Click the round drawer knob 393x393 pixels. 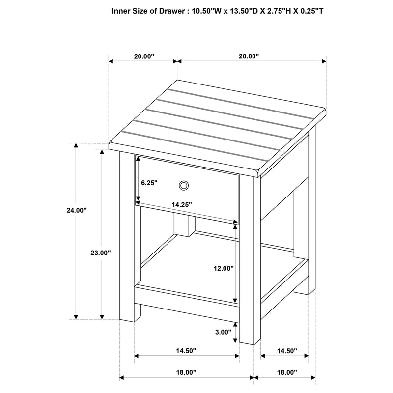(184, 185)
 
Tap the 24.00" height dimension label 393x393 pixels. (77, 210)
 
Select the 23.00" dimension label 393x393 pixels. (101, 253)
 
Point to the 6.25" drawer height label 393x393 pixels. (149, 183)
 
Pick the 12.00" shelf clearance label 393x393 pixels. (224, 268)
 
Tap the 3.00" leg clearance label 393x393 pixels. (223, 332)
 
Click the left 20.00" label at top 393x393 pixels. (144, 56)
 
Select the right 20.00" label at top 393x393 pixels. (249, 56)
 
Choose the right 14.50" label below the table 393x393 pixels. (287, 351)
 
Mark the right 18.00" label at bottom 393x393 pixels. (287, 372)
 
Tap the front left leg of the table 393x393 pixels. (127, 236)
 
